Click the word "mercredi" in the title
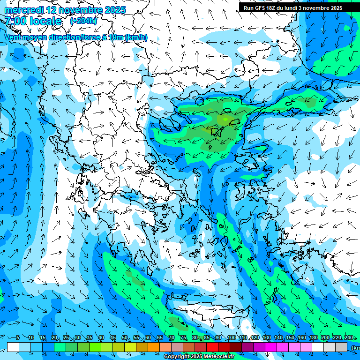(x=23, y=10)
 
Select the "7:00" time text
(x=15, y=21)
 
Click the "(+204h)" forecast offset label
(x=83, y=21)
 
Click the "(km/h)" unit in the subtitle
(x=136, y=37)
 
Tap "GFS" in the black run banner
(x=259, y=8)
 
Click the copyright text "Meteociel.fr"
(x=219, y=357)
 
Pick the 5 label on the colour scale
(x=18, y=338)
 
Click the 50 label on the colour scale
(x=125, y=338)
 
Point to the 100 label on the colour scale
(x=231, y=338)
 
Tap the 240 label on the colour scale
(x=348, y=338)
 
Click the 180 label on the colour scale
(x=313, y=338)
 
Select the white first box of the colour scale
(x=13, y=347)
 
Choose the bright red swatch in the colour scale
(x=212, y=347)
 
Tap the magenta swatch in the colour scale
(x=271, y=347)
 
